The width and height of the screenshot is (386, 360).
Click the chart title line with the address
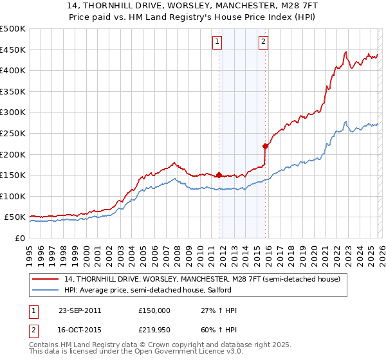click(x=192, y=6)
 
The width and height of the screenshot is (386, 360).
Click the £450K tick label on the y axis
click(x=13, y=50)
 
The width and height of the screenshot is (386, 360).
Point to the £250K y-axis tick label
click(x=13, y=133)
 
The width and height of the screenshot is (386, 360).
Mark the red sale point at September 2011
click(x=219, y=175)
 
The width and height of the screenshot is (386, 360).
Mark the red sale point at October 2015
click(x=265, y=146)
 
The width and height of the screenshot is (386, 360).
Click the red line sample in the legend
click(x=46, y=279)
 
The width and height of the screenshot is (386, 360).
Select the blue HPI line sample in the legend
click(x=46, y=290)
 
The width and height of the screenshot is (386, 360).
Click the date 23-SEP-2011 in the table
click(x=80, y=310)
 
